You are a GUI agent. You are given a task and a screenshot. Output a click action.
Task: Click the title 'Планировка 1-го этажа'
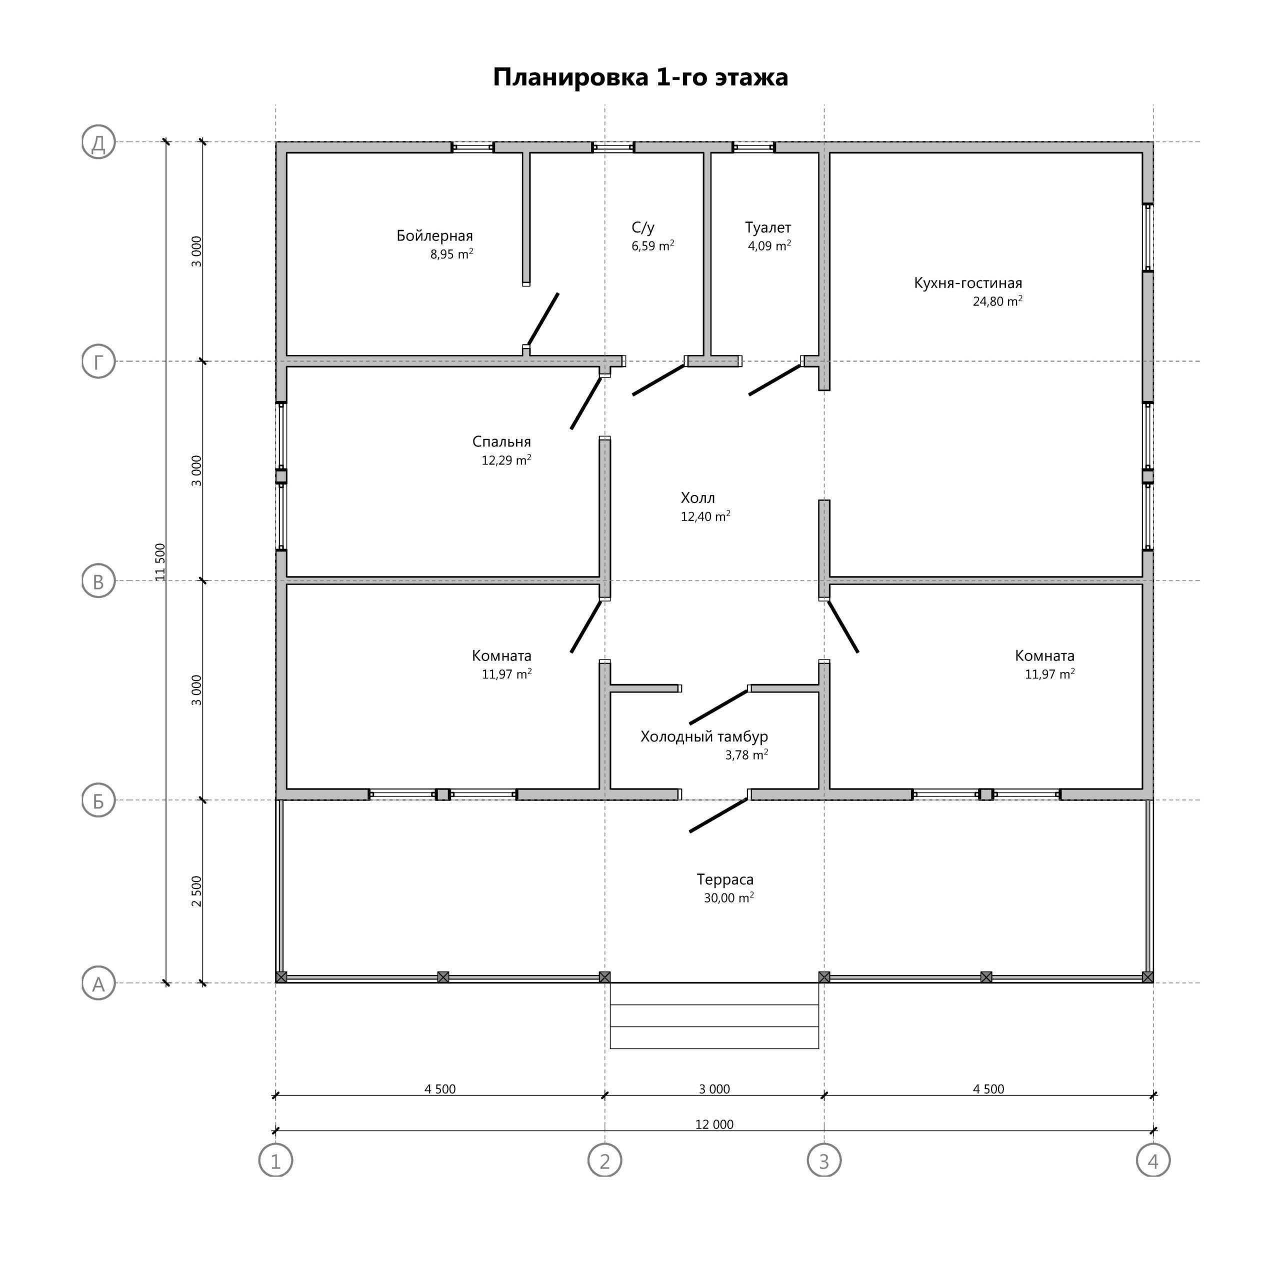coord(640,77)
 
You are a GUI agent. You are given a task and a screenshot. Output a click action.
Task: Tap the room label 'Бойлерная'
coord(434,236)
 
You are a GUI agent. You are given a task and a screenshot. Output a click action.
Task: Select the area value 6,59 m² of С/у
coord(652,246)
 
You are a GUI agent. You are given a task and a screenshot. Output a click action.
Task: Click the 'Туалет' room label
coord(768,228)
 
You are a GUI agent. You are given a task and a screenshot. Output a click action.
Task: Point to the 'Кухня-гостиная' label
coord(968,283)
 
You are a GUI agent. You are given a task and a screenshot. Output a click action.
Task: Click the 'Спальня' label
coord(501,442)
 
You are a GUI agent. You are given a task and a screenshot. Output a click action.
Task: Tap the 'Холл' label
coord(697,498)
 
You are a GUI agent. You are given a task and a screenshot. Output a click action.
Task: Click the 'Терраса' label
coord(725,880)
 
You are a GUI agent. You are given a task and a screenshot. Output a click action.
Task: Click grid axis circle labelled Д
coord(98,142)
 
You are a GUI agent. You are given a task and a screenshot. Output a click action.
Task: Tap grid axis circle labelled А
coord(98,983)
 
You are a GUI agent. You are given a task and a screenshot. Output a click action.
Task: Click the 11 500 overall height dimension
coord(159,562)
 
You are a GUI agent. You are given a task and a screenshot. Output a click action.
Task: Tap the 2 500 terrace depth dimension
coord(196,891)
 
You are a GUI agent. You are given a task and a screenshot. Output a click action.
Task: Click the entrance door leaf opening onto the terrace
coord(719,815)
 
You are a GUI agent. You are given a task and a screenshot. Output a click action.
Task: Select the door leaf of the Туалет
coord(775,379)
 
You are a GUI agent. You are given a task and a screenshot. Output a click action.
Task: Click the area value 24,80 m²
coord(997,301)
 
